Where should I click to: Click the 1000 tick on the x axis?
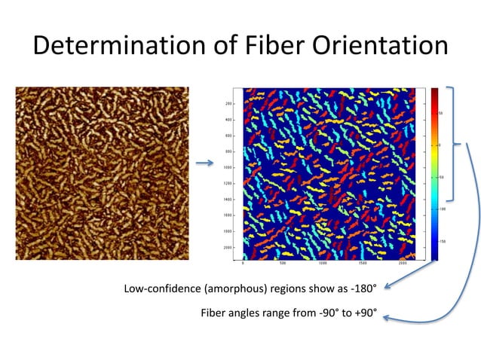pyautogui.click(x=323, y=264)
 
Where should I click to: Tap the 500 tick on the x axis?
pyautogui.click(x=282, y=264)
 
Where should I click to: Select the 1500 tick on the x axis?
pyautogui.click(x=363, y=264)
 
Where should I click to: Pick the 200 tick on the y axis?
pyautogui.click(x=228, y=104)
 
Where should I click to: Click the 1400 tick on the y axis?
pyautogui.click(x=227, y=199)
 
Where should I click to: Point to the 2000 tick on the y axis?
pyautogui.click(x=227, y=247)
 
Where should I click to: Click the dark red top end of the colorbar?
pyautogui.click(x=435, y=92)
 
